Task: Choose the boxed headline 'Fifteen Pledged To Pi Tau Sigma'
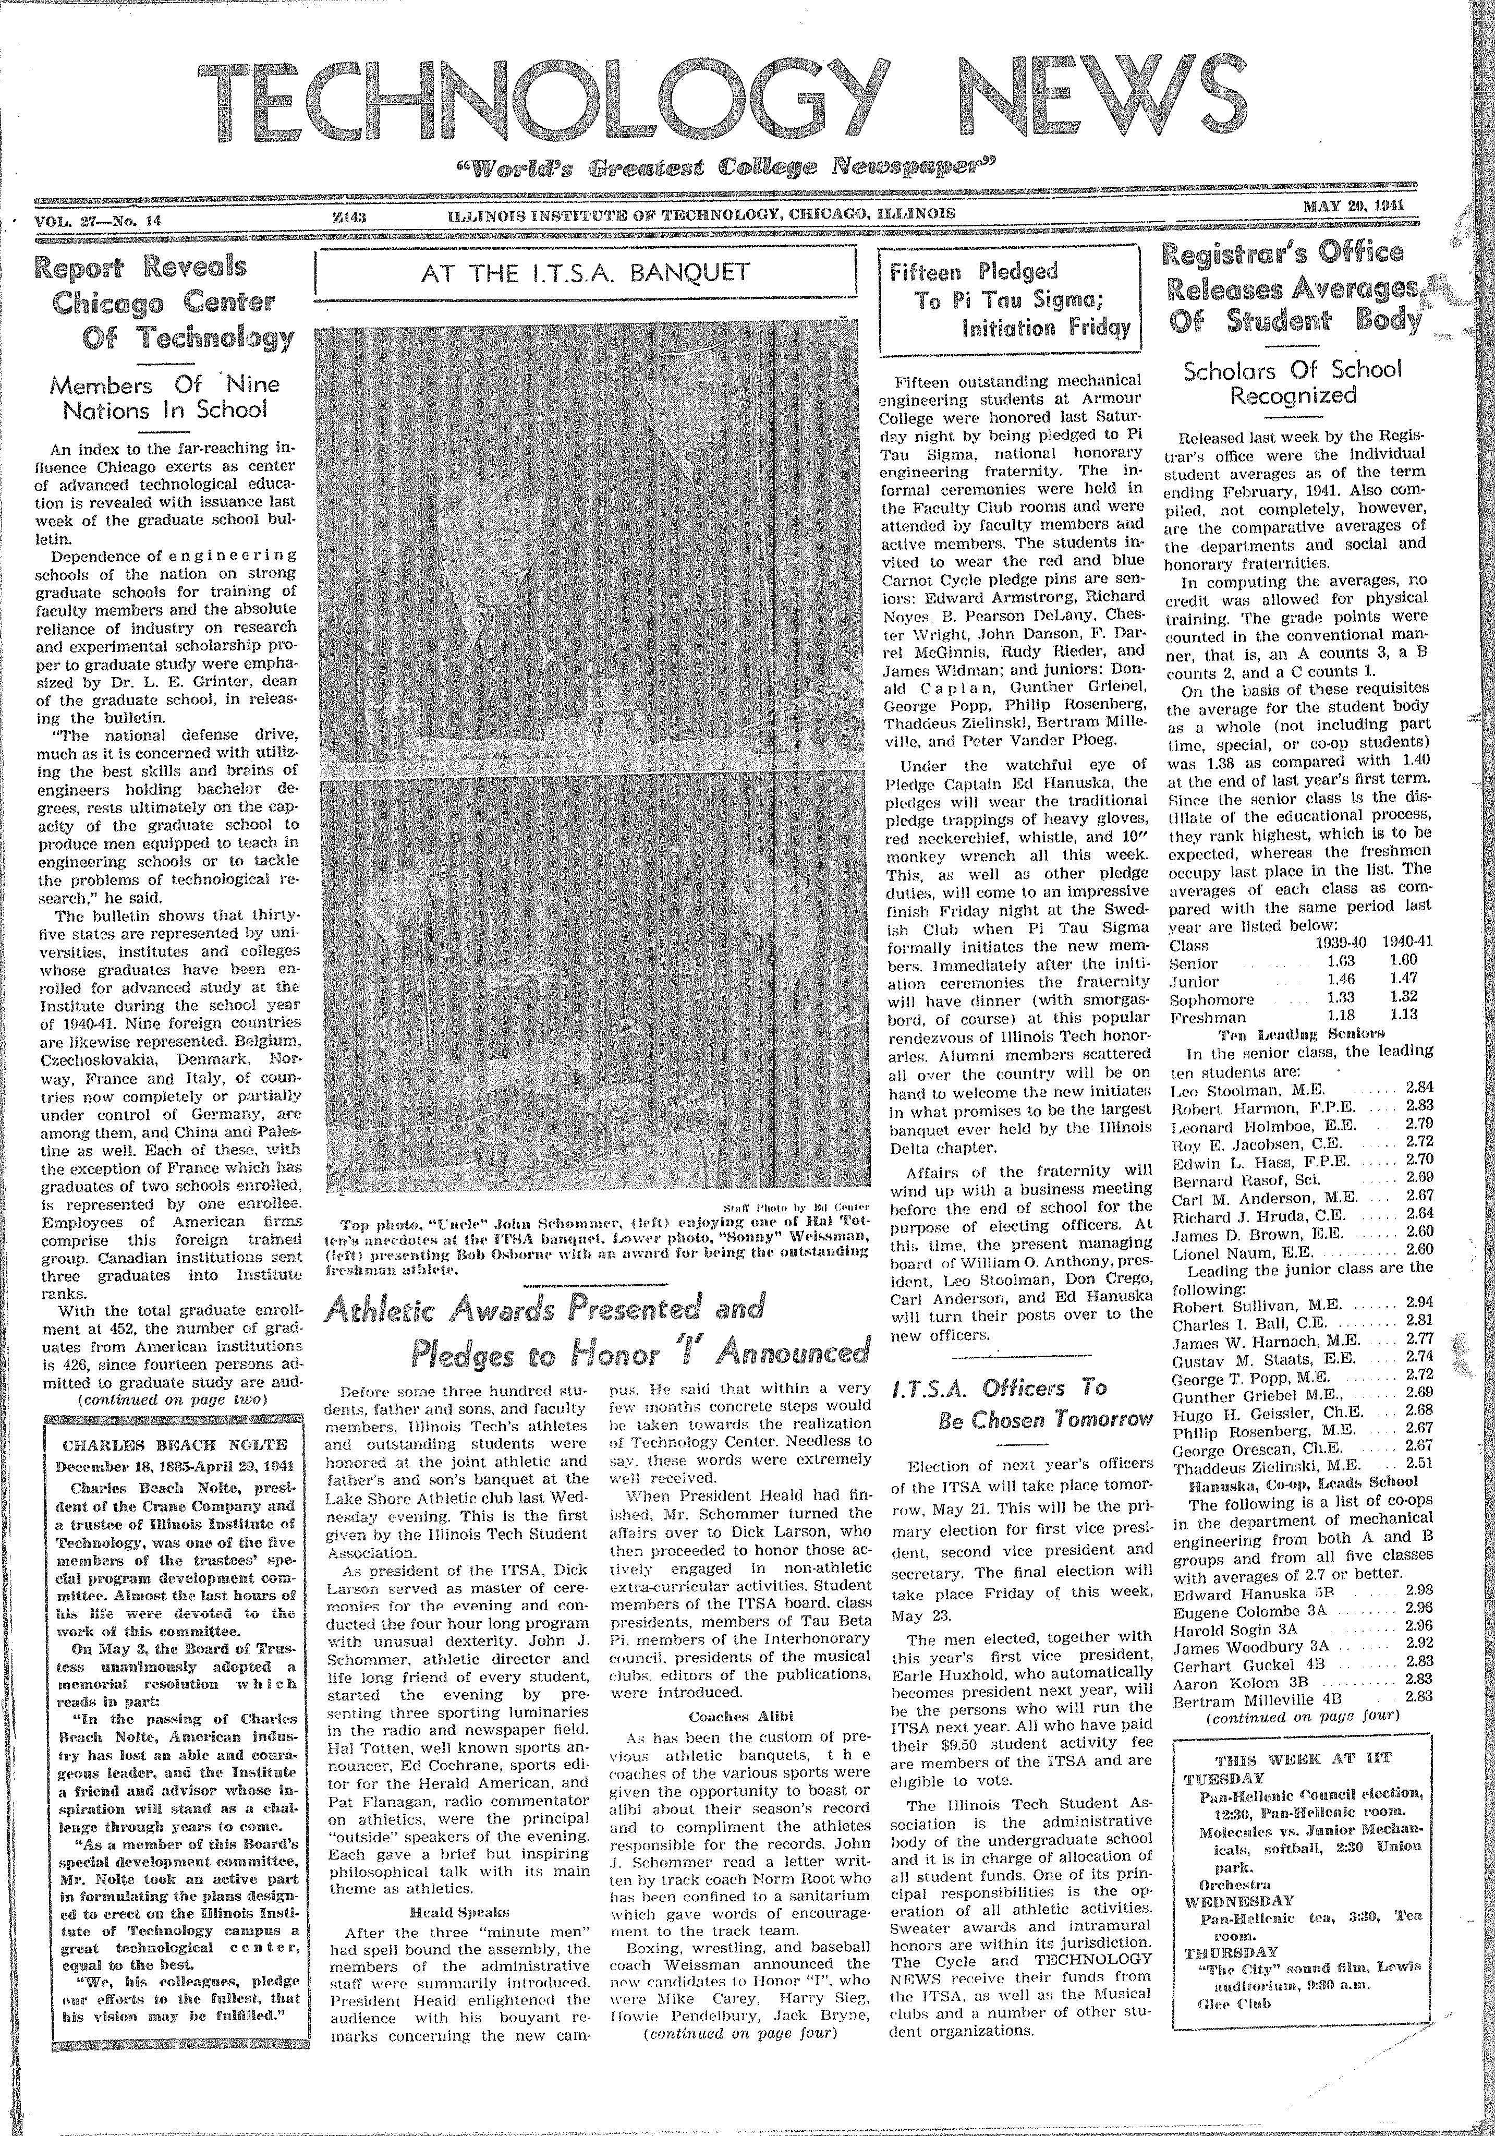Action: point(1010,299)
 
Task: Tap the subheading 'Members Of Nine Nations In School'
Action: point(165,397)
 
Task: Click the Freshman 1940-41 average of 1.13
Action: point(1404,1016)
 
